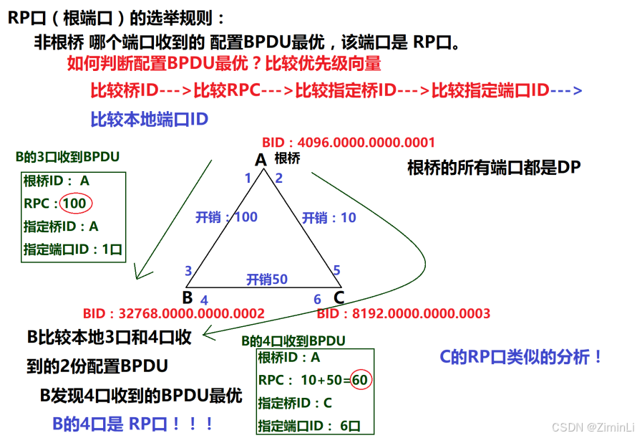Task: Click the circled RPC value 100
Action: (74, 204)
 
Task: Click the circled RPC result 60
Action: (360, 379)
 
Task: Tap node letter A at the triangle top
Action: (261, 160)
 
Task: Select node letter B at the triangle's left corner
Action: (188, 297)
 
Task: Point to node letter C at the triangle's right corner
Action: (339, 297)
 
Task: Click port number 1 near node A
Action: (248, 178)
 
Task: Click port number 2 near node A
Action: (279, 178)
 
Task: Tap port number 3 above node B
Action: (188, 271)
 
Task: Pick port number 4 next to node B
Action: (204, 300)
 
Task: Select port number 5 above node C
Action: (336, 271)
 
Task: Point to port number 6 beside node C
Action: (318, 300)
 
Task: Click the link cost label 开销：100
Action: (226, 217)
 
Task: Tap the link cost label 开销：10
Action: (329, 217)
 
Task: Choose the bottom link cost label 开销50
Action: (266, 280)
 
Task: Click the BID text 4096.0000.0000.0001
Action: (349, 142)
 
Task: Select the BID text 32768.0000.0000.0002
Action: (174, 313)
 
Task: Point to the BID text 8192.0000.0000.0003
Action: (403, 313)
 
